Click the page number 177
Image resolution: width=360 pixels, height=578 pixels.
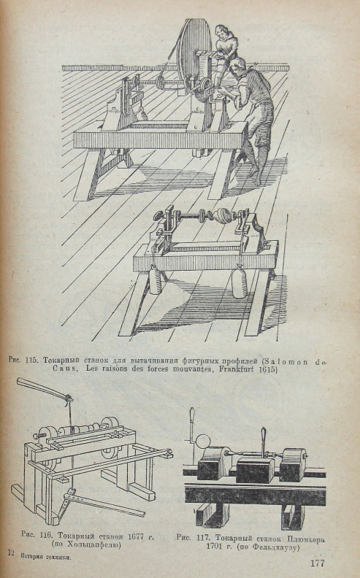click(317, 563)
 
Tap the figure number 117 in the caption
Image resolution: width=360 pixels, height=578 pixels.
click(202, 537)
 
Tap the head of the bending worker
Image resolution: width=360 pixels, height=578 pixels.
click(238, 65)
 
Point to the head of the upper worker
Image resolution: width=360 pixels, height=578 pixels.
click(221, 31)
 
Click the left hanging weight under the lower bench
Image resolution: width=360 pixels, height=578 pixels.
click(156, 281)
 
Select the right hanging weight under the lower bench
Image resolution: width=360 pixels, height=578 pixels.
click(240, 282)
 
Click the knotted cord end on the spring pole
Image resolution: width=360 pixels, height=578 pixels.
click(68, 398)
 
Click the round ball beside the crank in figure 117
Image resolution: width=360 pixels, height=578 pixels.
click(202, 442)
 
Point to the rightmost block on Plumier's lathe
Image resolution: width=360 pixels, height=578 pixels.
click(294, 464)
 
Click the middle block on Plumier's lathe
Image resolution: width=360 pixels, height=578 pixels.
click(256, 469)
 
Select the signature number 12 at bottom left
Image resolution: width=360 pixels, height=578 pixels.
click(11, 552)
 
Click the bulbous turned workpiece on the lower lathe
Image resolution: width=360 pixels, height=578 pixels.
click(224, 214)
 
